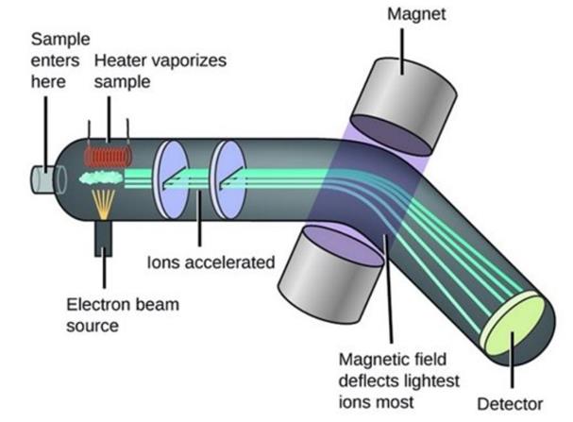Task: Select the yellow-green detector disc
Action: tap(515, 327)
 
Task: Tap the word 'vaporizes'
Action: tap(186, 60)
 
